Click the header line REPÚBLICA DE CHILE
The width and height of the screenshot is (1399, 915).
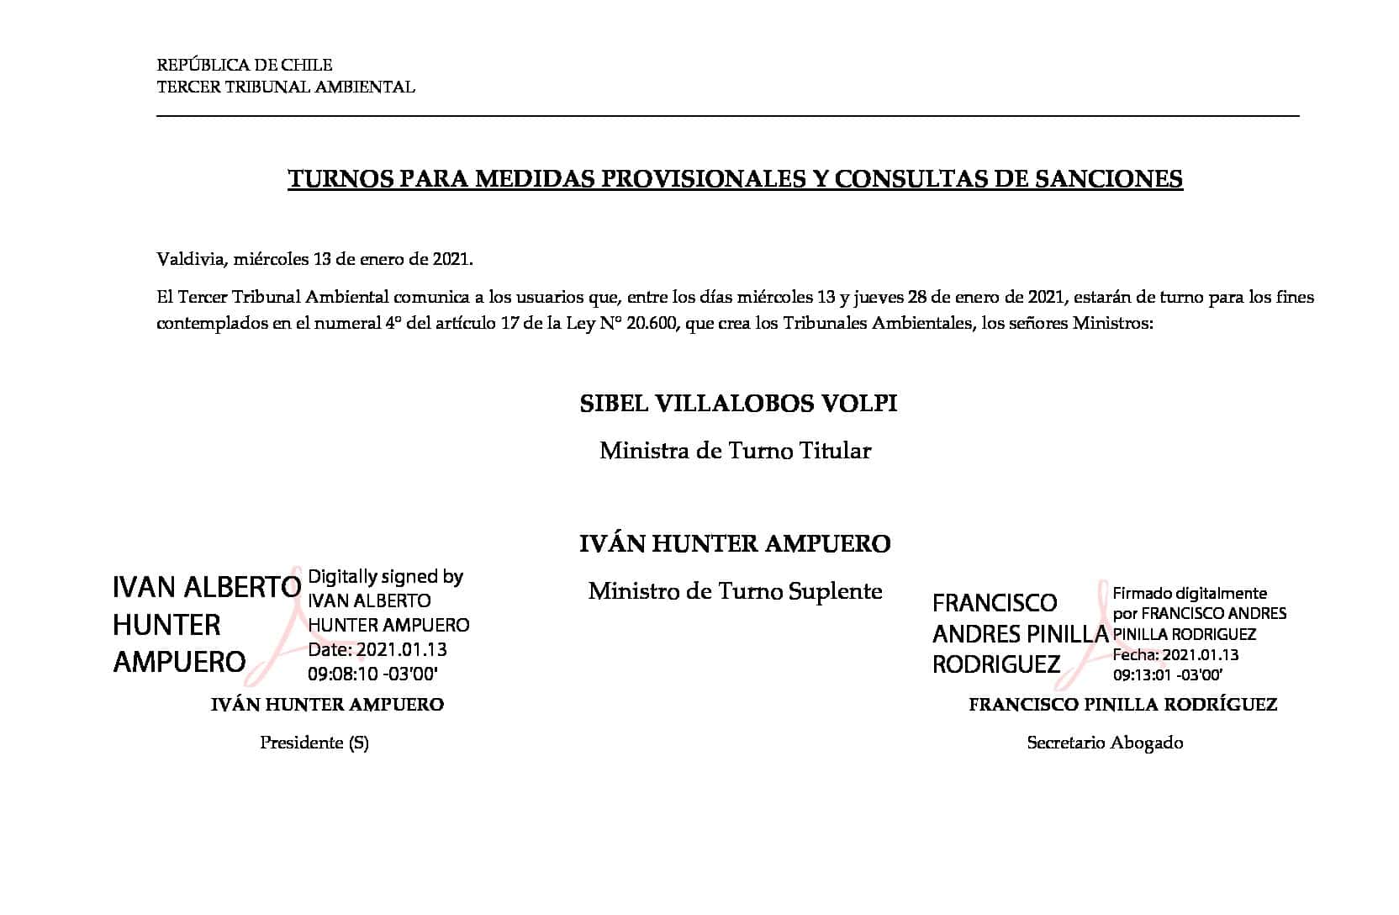coord(245,65)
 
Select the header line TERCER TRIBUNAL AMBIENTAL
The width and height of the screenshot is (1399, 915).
coord(286,87)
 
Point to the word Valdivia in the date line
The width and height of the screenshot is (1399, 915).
coord(190,259)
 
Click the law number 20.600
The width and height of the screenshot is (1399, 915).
coord(652,323)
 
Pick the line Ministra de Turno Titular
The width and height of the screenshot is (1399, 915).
coord(735,451)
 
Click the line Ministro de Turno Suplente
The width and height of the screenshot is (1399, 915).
coord(735,591)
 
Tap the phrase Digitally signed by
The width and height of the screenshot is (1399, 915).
coord(386,577)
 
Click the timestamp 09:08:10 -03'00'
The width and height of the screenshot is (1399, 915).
coord(373,674)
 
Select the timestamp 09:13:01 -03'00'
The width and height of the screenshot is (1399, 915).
coord(1167,674)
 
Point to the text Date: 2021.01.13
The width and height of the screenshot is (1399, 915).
coord(377,649)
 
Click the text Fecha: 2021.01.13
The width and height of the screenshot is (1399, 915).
coord(1175,654)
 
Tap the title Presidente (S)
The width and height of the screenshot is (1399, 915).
coord(314,743)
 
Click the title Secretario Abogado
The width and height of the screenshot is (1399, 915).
coord(1105,743)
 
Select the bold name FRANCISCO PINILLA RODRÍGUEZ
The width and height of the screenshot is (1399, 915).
coord(1122,705)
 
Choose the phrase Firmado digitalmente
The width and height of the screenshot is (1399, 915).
coord(1190,593)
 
